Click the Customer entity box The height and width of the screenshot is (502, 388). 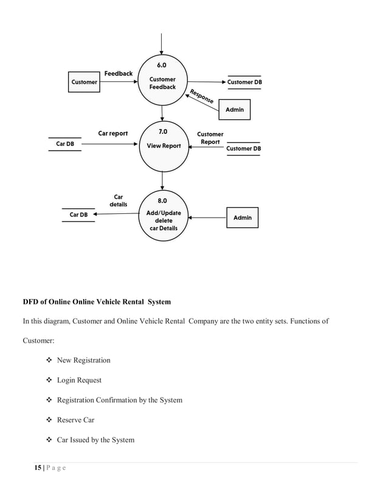pos(84,82)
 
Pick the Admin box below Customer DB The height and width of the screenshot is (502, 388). pos(234,109)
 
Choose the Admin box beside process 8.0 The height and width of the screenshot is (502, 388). pos(242,218)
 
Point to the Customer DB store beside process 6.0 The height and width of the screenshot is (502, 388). pos(244,83)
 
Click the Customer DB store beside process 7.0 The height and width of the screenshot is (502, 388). pos(243,148)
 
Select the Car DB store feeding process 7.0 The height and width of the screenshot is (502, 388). pos(65,144)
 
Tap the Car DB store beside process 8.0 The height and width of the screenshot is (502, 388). pos(78,215)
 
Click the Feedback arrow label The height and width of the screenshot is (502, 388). pos(118,74)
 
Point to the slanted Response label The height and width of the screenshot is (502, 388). pos(201,97)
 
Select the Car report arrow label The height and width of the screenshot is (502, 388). pos(113,134)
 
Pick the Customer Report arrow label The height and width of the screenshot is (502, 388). pos(210,138)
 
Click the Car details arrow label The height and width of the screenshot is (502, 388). pos(119,201)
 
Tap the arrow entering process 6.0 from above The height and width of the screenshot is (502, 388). pos(162,43)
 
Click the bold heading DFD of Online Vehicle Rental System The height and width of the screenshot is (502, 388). pos(97,302)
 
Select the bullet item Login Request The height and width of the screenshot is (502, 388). pos(79,380)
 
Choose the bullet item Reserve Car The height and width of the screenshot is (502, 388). pos(77,420)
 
